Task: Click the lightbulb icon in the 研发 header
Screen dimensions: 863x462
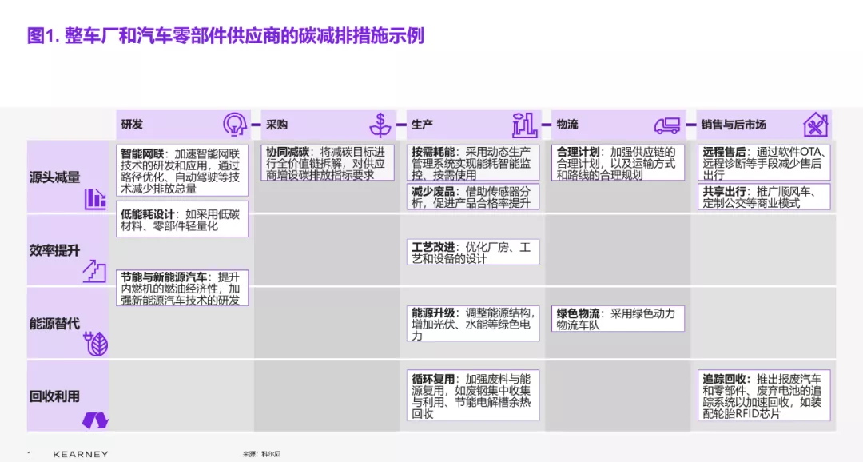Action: (x=234, y=125)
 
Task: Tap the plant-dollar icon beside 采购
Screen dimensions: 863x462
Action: (x=380, y=125)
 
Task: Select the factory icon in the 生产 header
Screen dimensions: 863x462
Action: (x=524, y=125)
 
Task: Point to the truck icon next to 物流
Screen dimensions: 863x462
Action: (x=667, y=126)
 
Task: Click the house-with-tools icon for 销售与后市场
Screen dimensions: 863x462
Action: (x=815, y=125)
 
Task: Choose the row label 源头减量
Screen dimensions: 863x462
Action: (x=54, y=177)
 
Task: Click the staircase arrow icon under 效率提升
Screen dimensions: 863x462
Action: (x=94, y=272)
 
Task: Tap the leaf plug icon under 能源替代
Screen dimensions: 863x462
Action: (x=95, y=344)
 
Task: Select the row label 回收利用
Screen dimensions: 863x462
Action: (x=54, y=396)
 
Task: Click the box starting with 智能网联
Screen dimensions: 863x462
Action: (x=182, y=171)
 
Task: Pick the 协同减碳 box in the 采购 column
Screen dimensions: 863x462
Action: (x=328, y=163)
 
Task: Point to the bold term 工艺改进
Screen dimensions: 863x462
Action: (x=433, y=247)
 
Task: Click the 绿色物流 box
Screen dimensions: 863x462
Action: (x=618, y=319)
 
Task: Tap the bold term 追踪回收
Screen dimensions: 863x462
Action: (x=724, y=379)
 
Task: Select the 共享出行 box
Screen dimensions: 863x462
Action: (x=763, y=197)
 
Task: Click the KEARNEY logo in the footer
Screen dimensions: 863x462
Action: (x=81, y=454)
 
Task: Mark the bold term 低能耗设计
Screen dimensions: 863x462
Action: (x=148, y=214)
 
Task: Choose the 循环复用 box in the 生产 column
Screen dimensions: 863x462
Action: (x=473, y=396)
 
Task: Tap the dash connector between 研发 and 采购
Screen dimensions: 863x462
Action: (x=256, y=125)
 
